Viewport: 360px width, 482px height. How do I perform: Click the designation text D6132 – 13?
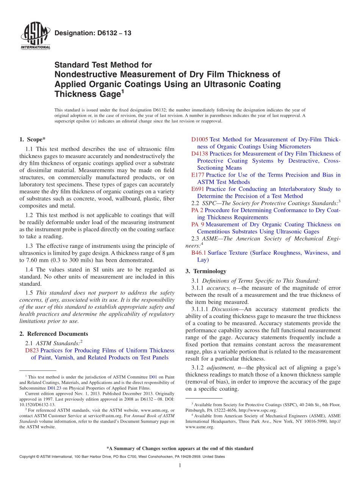pos(93,33)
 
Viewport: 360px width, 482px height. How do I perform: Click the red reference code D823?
pos(32,351)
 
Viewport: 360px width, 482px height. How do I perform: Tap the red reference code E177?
pos(198,175)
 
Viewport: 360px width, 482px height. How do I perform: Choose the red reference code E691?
pos(198,189)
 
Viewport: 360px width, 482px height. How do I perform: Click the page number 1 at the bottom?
pos(180,465)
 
